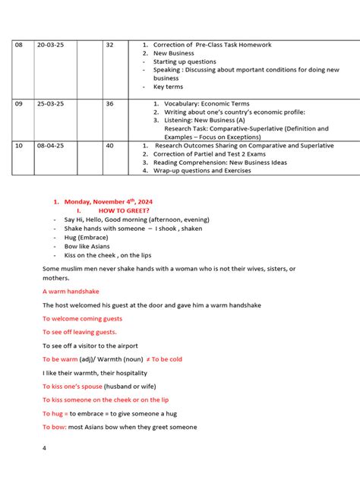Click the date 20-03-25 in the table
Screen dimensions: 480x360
52,46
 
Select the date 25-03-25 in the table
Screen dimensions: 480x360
52,104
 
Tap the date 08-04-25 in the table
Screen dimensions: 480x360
52,146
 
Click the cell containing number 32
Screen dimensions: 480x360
109,46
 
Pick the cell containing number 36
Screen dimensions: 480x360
109,104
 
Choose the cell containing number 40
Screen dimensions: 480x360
109,146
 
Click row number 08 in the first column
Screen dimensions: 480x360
19,46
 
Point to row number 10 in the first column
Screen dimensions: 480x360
19,146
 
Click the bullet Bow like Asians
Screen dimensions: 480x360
87,247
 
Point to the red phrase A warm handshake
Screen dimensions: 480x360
71,292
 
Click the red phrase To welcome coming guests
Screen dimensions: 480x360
82,319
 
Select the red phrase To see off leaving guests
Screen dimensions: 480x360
80,332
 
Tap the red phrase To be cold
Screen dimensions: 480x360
166,359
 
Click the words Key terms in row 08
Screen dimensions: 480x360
168,87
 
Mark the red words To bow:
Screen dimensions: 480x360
55,428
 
